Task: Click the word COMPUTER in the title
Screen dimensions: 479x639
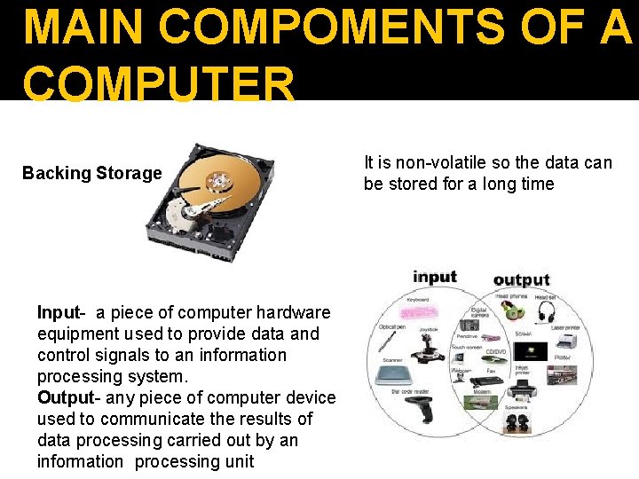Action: pyautogui.click(x=159, y=85)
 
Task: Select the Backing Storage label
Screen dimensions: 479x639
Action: pyautogui.click(x=92, y=173)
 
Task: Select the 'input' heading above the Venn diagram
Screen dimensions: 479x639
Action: pyautogui.click(x=434, y=277)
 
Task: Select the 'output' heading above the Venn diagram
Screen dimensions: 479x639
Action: pyautogui.click(x=522, y=279)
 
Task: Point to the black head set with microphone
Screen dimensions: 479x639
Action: pyautogui.click(x=545, y=312)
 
